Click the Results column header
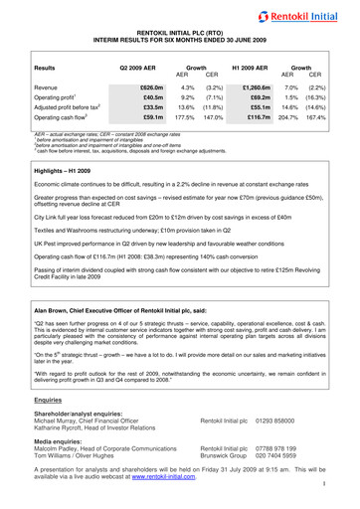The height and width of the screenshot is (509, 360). tap(44, 69)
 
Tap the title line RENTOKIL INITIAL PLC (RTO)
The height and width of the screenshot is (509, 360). tap(180, 32)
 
